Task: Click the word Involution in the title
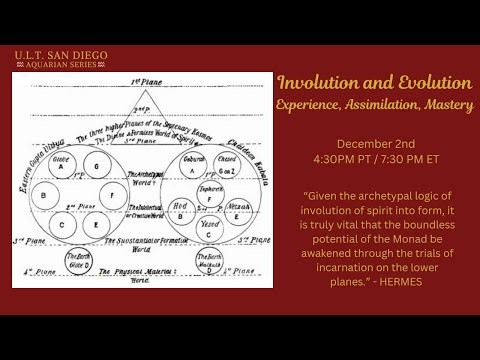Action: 318,81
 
